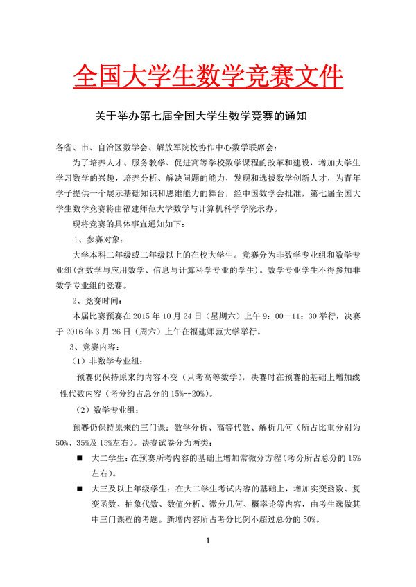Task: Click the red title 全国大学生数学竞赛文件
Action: pyautogui.click(x=207, y=77)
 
